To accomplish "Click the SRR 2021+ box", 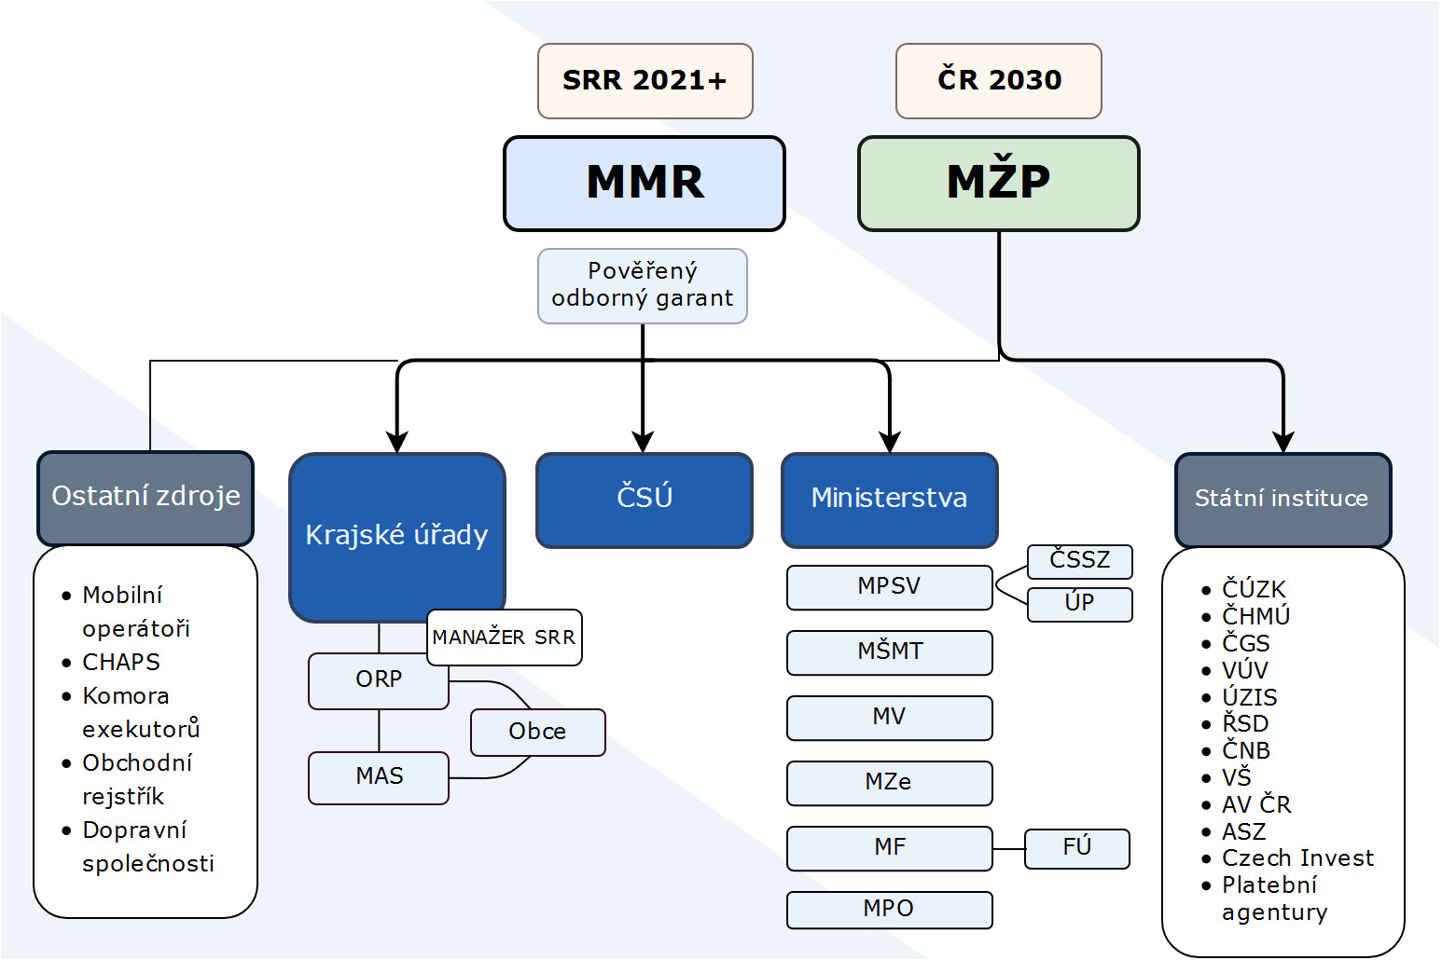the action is click(x=645, y=81).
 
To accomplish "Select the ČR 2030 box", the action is click(x=998, y=81).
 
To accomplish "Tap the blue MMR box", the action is click(x=645, y=184).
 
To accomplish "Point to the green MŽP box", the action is click(x=998, y=184).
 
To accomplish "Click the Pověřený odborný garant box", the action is click(x=643, y=286).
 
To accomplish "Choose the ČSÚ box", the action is click(x=645, y=500).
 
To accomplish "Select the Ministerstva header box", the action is click(x=890, y=500).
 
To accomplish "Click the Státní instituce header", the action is click(x=1283, y=500).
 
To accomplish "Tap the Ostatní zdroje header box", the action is click(x=146, y=498).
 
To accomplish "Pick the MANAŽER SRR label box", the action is click(x=505, y=637).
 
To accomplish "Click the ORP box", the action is click(x=379, y=680).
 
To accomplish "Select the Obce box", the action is click(x=537, y=733).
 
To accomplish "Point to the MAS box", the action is click(x=379, y=778).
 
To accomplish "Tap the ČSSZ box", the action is click(x=1079, y=561).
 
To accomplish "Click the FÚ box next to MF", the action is click(x=1077, y=849).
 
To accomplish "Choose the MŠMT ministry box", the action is click(x=890, y=652).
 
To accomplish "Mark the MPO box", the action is click(x=890, y=910).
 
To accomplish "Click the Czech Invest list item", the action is click(x=1297, y=858).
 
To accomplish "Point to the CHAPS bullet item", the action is click(x=121, y=663).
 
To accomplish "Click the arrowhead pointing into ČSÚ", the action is click(x=643, y=442).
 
